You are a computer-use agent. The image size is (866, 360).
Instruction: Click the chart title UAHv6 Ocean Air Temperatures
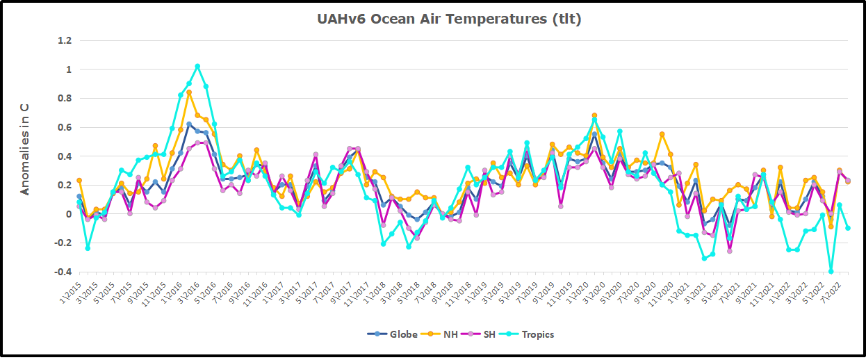(449, 19)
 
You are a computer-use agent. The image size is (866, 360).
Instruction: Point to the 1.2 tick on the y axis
(65, 40)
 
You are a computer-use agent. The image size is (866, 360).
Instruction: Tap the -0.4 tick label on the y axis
(63, 272)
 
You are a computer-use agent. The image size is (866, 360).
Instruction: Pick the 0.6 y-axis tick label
(65, 127)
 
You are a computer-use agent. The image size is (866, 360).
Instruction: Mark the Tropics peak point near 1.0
(197, 67)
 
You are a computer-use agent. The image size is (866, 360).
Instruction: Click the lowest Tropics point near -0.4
(831, 271)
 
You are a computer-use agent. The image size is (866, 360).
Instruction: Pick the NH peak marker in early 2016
(189, 92)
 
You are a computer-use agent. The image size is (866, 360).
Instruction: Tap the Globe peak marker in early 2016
(189, 124)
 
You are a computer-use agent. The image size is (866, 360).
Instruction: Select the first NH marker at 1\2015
(79, 181)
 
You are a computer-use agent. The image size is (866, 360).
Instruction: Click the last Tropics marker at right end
(848, 228)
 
